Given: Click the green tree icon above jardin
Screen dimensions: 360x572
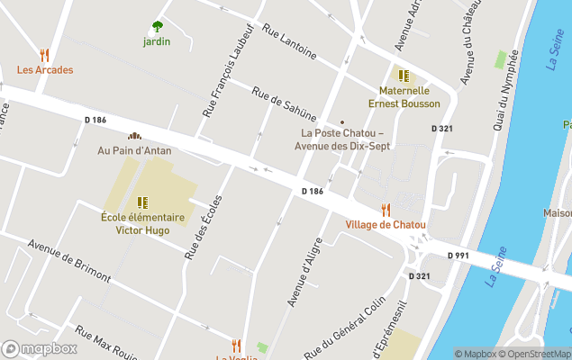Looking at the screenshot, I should point(158,26).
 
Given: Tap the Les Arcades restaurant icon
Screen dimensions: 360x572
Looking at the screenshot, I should point(44,55).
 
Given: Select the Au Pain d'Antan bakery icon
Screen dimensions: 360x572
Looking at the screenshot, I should point(134,136).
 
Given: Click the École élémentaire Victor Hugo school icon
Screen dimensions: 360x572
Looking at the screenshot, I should point(142,202).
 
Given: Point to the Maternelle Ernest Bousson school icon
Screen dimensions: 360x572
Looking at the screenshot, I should point(404,76).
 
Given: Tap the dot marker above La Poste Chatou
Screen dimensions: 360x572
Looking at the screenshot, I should point(341,122).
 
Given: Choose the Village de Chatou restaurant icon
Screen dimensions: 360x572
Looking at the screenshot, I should point(386,210).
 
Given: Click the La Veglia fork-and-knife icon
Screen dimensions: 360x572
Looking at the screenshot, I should point(236,345).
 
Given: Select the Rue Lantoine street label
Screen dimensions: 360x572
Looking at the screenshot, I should point(289,41).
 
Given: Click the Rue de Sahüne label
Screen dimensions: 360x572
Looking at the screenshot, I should point(285,103).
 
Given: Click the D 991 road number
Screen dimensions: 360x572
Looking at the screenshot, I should point(459,256).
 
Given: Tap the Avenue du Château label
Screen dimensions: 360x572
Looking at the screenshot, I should point(471,51).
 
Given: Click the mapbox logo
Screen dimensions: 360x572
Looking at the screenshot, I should point(39,348).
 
